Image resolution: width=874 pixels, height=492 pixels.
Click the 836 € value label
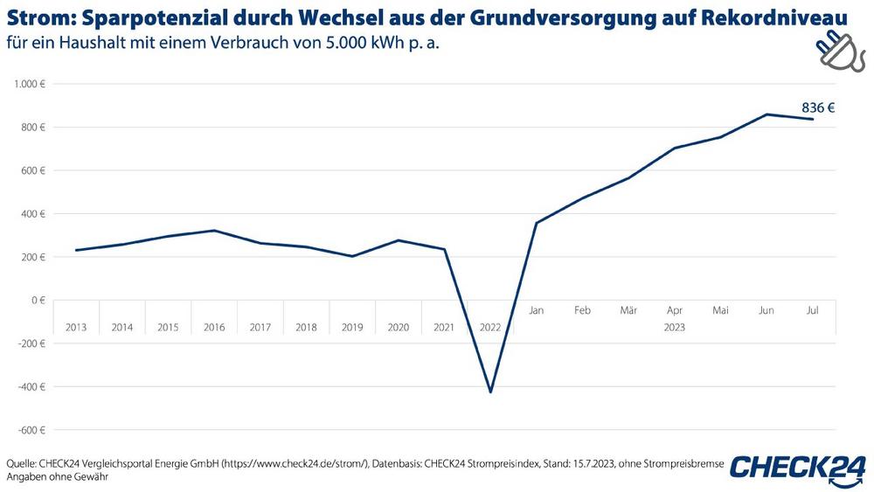click(x=818, y=108)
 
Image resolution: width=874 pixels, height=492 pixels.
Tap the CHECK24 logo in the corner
click(x=798, y=468)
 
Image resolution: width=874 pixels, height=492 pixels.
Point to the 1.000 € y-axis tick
click(x=29, y=84)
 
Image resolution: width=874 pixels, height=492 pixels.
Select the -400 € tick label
click(x=31, y=386)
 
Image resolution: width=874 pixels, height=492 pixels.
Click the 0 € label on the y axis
click(x=38, y=300)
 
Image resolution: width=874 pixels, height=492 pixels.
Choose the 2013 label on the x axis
click(x=76, y=328)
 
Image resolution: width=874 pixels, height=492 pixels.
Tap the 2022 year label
click(x=490, y=328)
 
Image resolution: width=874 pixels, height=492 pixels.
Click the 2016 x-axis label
click(x=214, y=328)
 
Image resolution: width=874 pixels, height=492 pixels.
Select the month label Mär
click(x=628, y=310)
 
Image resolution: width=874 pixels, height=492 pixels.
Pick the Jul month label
click(x=812, y=310)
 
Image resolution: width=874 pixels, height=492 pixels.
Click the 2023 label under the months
click(x=674, y=328)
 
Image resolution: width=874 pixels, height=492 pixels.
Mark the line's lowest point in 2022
click(x=490, y=392)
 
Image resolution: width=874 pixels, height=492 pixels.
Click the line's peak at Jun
click(x=766, y=114)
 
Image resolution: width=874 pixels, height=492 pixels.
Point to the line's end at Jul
click(x=813, y=119)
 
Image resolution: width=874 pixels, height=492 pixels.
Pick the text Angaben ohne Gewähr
click(x=56, y=477)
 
